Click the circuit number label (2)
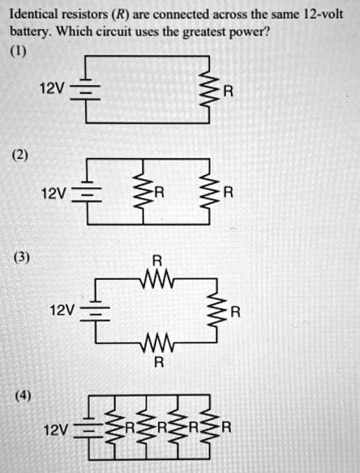(x=20, y=155)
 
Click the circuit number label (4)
(x=20, y=394)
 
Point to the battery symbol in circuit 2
(x=89, y=194)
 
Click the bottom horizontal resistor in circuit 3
(x=157, y=345)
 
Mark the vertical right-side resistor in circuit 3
(x=216, y=312)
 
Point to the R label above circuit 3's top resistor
(x=157, y=260)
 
